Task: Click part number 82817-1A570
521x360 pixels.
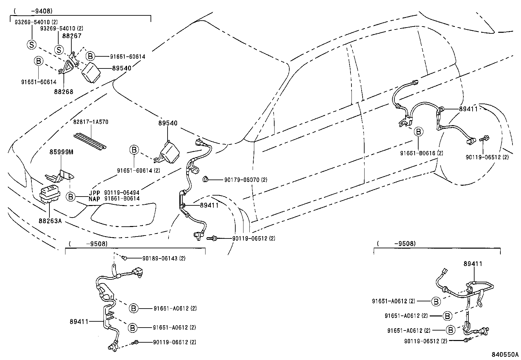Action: pos(91,122)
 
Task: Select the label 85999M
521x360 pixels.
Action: pos(62,152)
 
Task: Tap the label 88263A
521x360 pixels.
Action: pos(50,221)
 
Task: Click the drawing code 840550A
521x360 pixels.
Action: pos(505,354)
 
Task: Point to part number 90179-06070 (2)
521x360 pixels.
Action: pos(246,180)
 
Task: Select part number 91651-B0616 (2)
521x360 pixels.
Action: pos(422,153)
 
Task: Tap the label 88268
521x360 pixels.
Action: pos(64,92)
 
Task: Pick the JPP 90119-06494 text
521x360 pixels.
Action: pos(114,193)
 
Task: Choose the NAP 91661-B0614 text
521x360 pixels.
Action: pos(114,199)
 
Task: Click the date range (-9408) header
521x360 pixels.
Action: pos(32,11)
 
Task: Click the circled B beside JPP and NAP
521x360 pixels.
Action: pos(70,197)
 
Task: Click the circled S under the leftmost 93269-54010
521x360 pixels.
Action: pos(31,45)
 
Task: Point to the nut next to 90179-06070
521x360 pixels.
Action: pos(206,179)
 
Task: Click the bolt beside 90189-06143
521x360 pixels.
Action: pos(125,258)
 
